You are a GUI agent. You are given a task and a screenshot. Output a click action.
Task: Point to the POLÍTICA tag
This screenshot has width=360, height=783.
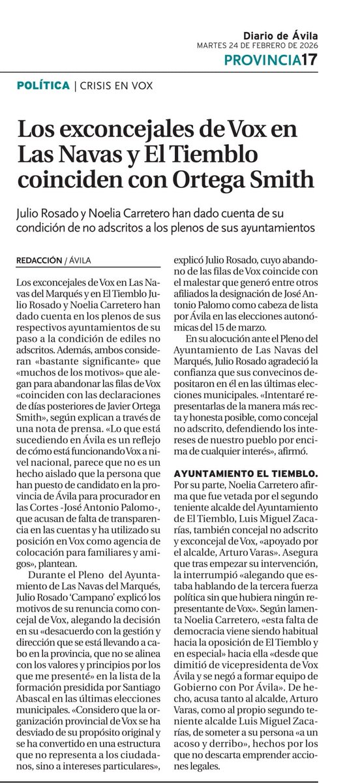(x=44, y=85)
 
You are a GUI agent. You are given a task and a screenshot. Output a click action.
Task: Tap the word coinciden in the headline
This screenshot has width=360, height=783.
(x=74, y=178)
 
